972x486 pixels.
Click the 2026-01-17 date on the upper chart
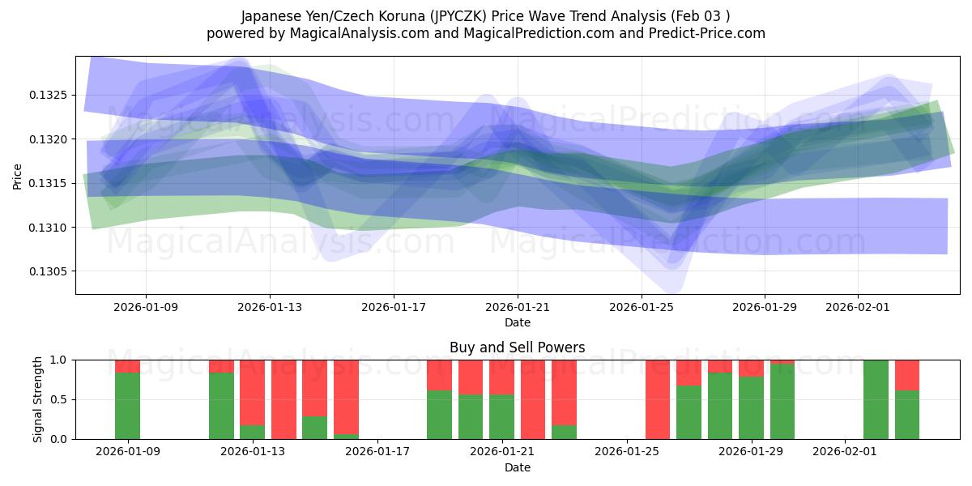(394, 308)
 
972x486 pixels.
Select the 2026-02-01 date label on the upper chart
(858, 308)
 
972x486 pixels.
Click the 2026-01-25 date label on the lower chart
(628, 452)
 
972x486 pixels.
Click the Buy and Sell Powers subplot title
(517, 347)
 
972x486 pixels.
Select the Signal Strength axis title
(38, 399)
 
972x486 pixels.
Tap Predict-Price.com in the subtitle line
(705, 33)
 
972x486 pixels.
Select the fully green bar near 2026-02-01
(876, 399)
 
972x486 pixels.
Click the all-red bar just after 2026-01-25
(658, 399)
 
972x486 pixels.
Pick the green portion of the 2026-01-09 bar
(127, 406)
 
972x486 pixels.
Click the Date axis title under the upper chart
(517, 322)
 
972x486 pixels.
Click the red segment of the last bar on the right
(907, 374)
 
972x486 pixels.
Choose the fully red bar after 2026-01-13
(283, 399)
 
